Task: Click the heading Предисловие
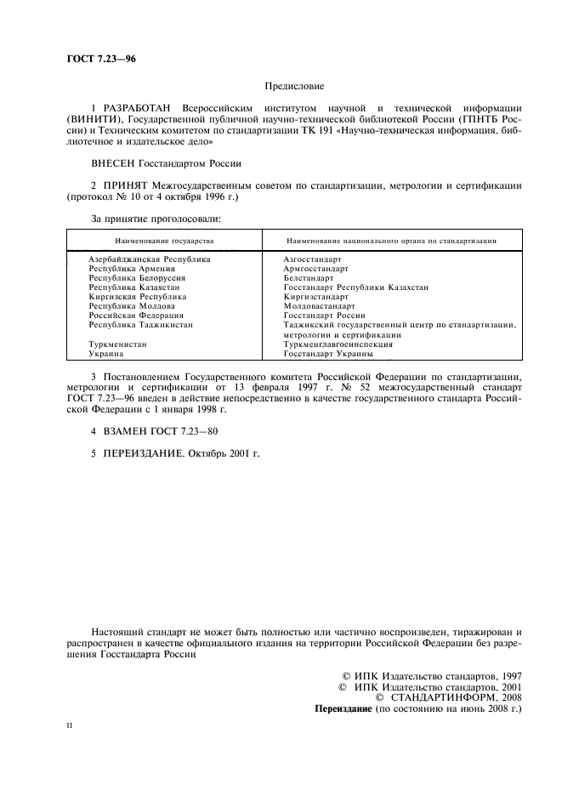pyautogui.click(x=293, y=85)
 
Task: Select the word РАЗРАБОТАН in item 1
pyautogui.click(x=136, y=108)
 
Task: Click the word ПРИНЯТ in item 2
pyautogui.click(x=133, y=185)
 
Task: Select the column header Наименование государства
pyautogui.click(x=165, y=241)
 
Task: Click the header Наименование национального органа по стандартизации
pyautogui.click(x=391, y=241)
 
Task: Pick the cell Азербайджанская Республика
pyautogui.click(x=149, y=258)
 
